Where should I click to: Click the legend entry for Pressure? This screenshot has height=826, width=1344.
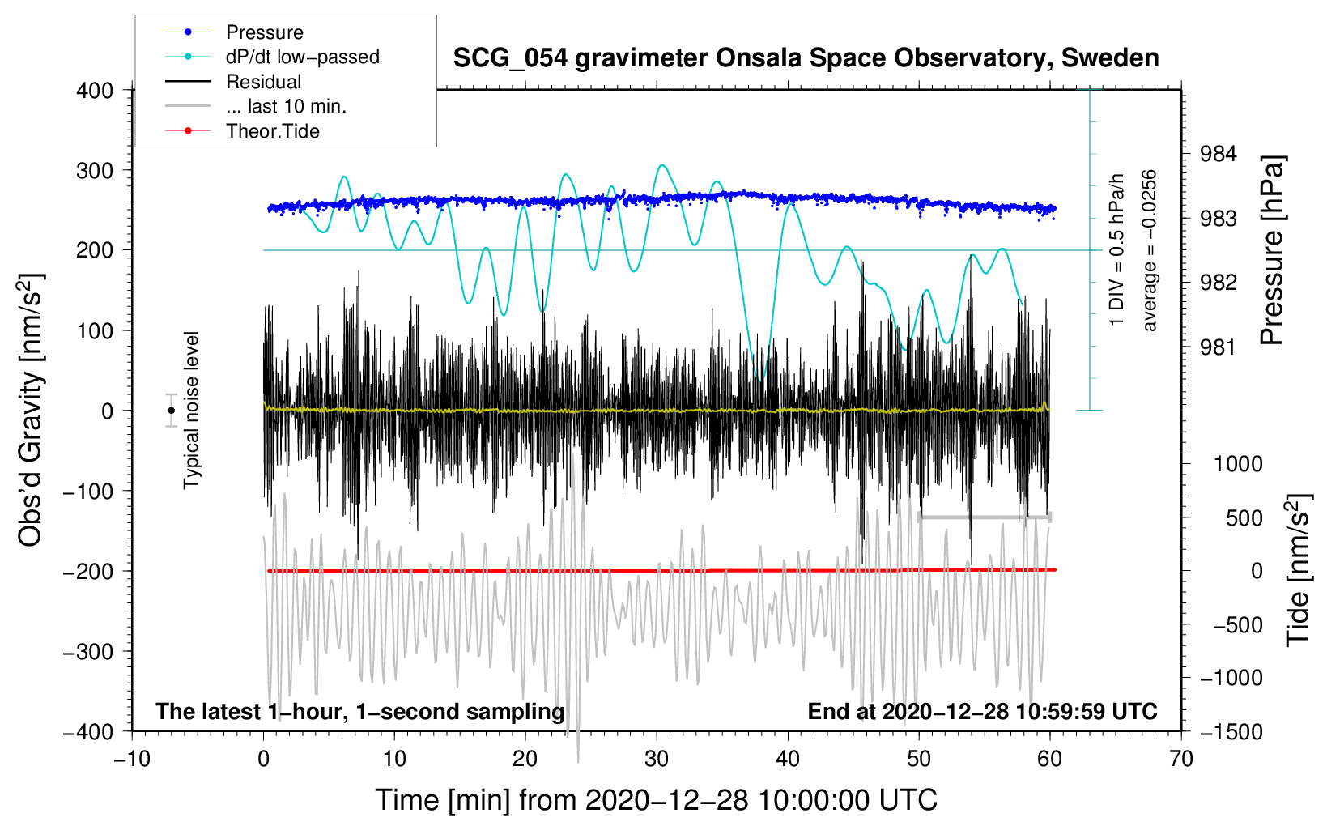pos(265,32)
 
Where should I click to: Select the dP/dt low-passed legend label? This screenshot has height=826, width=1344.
pos(302,57)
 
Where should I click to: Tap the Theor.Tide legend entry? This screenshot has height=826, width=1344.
pos(273,131)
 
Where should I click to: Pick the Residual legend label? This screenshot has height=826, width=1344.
pos(263,82)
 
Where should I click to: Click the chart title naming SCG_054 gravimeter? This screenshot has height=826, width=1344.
pos(806,58)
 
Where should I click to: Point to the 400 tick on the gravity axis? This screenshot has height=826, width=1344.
pos(95,91)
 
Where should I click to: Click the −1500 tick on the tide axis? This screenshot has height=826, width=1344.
pos(1231,732)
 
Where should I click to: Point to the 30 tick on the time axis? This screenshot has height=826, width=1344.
pos(657,760)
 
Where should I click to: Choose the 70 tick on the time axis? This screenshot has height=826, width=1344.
pos(1181,760)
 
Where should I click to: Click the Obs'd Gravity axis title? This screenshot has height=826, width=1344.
pos(31,411)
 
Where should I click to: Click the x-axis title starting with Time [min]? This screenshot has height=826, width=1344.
pos(657,800)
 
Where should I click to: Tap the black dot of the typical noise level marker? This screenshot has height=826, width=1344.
pos(171,411)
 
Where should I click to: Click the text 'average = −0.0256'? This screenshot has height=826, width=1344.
pos(1150,250)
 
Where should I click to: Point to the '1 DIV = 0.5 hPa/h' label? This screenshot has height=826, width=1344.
pos(1117,250)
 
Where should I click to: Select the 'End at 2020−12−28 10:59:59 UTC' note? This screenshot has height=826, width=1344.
pos(982,712)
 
